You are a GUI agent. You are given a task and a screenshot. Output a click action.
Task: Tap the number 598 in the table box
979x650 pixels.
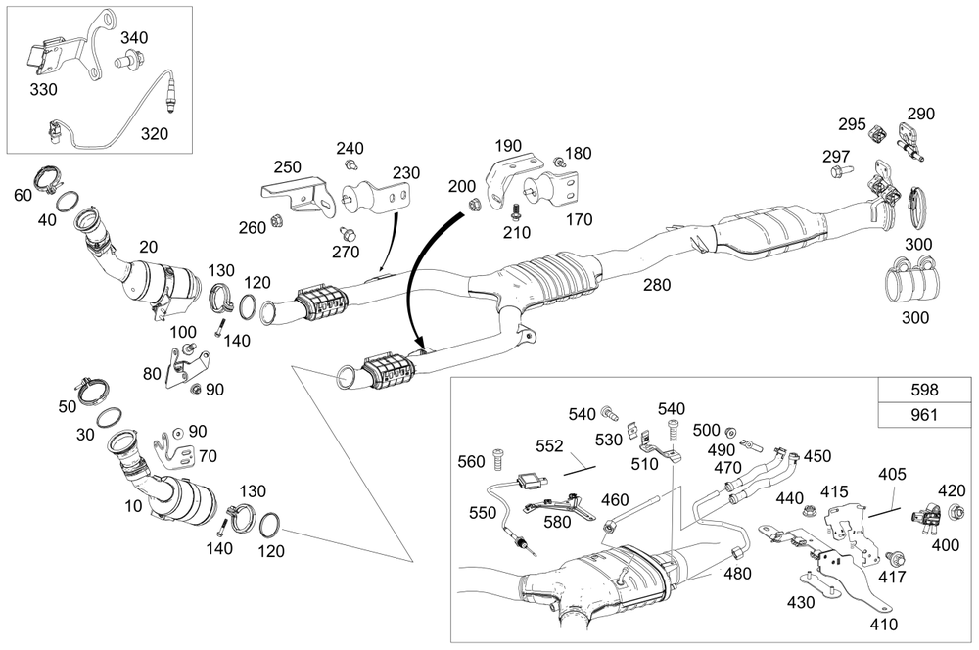[924, 388]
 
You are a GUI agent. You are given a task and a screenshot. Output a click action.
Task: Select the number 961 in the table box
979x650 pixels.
[924, 415]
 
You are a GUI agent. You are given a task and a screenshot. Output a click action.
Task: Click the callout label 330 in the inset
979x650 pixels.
[43, 89]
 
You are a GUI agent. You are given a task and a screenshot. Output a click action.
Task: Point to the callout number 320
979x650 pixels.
[153, 134]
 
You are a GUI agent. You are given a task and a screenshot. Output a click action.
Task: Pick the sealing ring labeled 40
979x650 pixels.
[68, 203]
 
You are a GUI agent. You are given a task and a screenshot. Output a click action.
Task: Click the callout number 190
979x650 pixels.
[508, 145]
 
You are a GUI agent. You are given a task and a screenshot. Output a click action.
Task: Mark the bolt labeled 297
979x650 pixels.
[840, 172]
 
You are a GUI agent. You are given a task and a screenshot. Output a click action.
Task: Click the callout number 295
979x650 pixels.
[851, 124]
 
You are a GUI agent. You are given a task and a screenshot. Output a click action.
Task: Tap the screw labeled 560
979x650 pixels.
[500, 454]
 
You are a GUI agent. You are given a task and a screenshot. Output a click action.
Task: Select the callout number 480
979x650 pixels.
[737, 574]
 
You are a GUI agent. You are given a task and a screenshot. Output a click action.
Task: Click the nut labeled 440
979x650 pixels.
[811, 510]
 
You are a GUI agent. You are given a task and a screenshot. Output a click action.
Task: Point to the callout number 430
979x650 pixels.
[800, 603]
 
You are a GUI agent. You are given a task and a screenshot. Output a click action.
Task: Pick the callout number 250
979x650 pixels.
[287, 166]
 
